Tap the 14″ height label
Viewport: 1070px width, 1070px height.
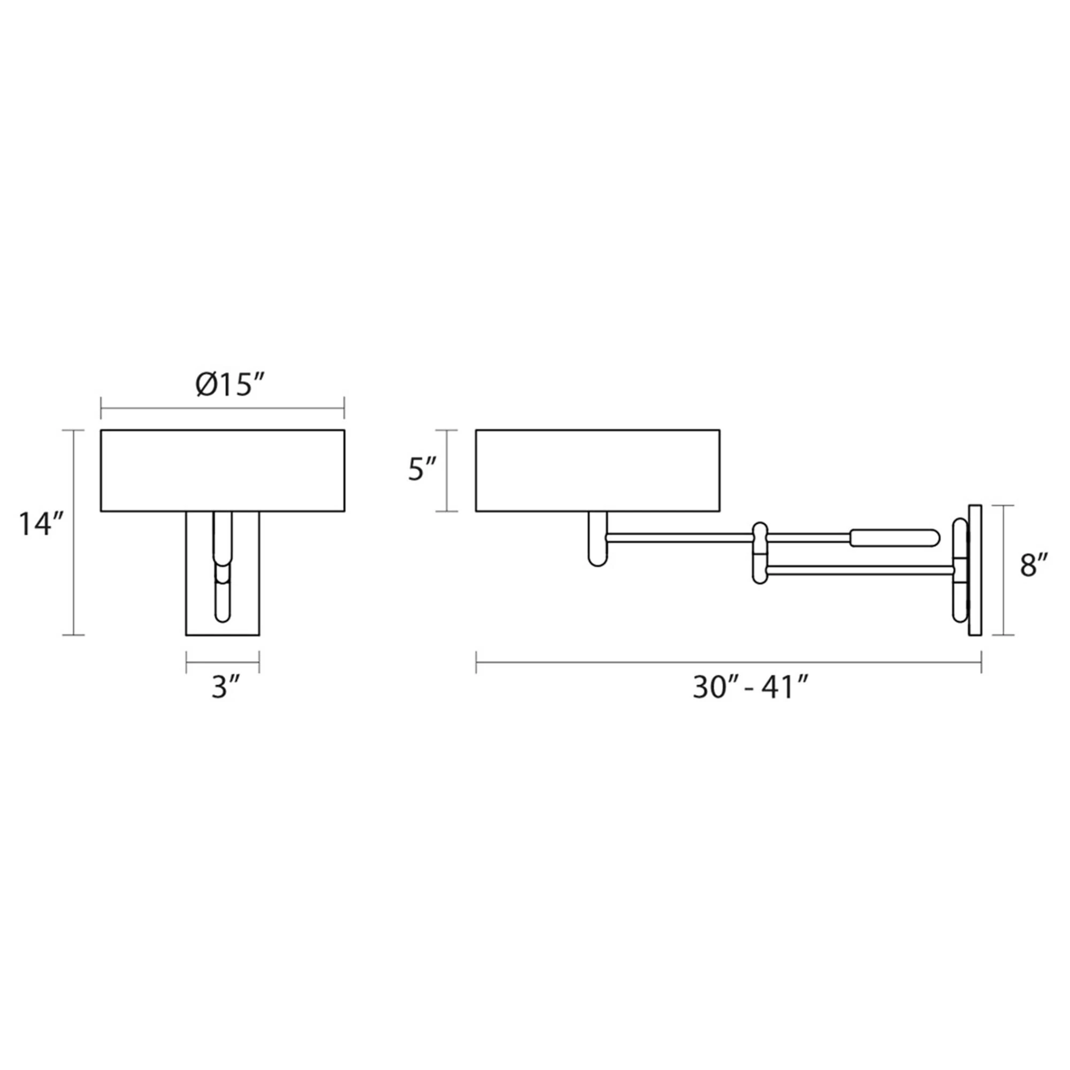pos(43,524)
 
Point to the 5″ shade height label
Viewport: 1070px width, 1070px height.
pos(424,470)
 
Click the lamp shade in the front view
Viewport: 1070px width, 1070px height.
pos(222,470)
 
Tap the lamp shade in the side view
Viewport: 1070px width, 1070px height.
pos(598,470)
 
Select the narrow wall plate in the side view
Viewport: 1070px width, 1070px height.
pos(975,570)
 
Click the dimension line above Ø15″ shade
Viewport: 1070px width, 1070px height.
pos(222,409)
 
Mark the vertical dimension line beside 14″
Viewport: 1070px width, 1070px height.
pos(74,532)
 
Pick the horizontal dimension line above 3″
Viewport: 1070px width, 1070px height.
pos(223,662)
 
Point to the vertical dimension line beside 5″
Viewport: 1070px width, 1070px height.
pos(446,470)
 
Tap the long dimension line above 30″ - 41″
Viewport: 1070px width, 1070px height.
pos(728,662)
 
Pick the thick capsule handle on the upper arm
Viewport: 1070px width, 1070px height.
pos(895,537)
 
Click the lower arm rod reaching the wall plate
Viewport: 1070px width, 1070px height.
pos(859,569)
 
